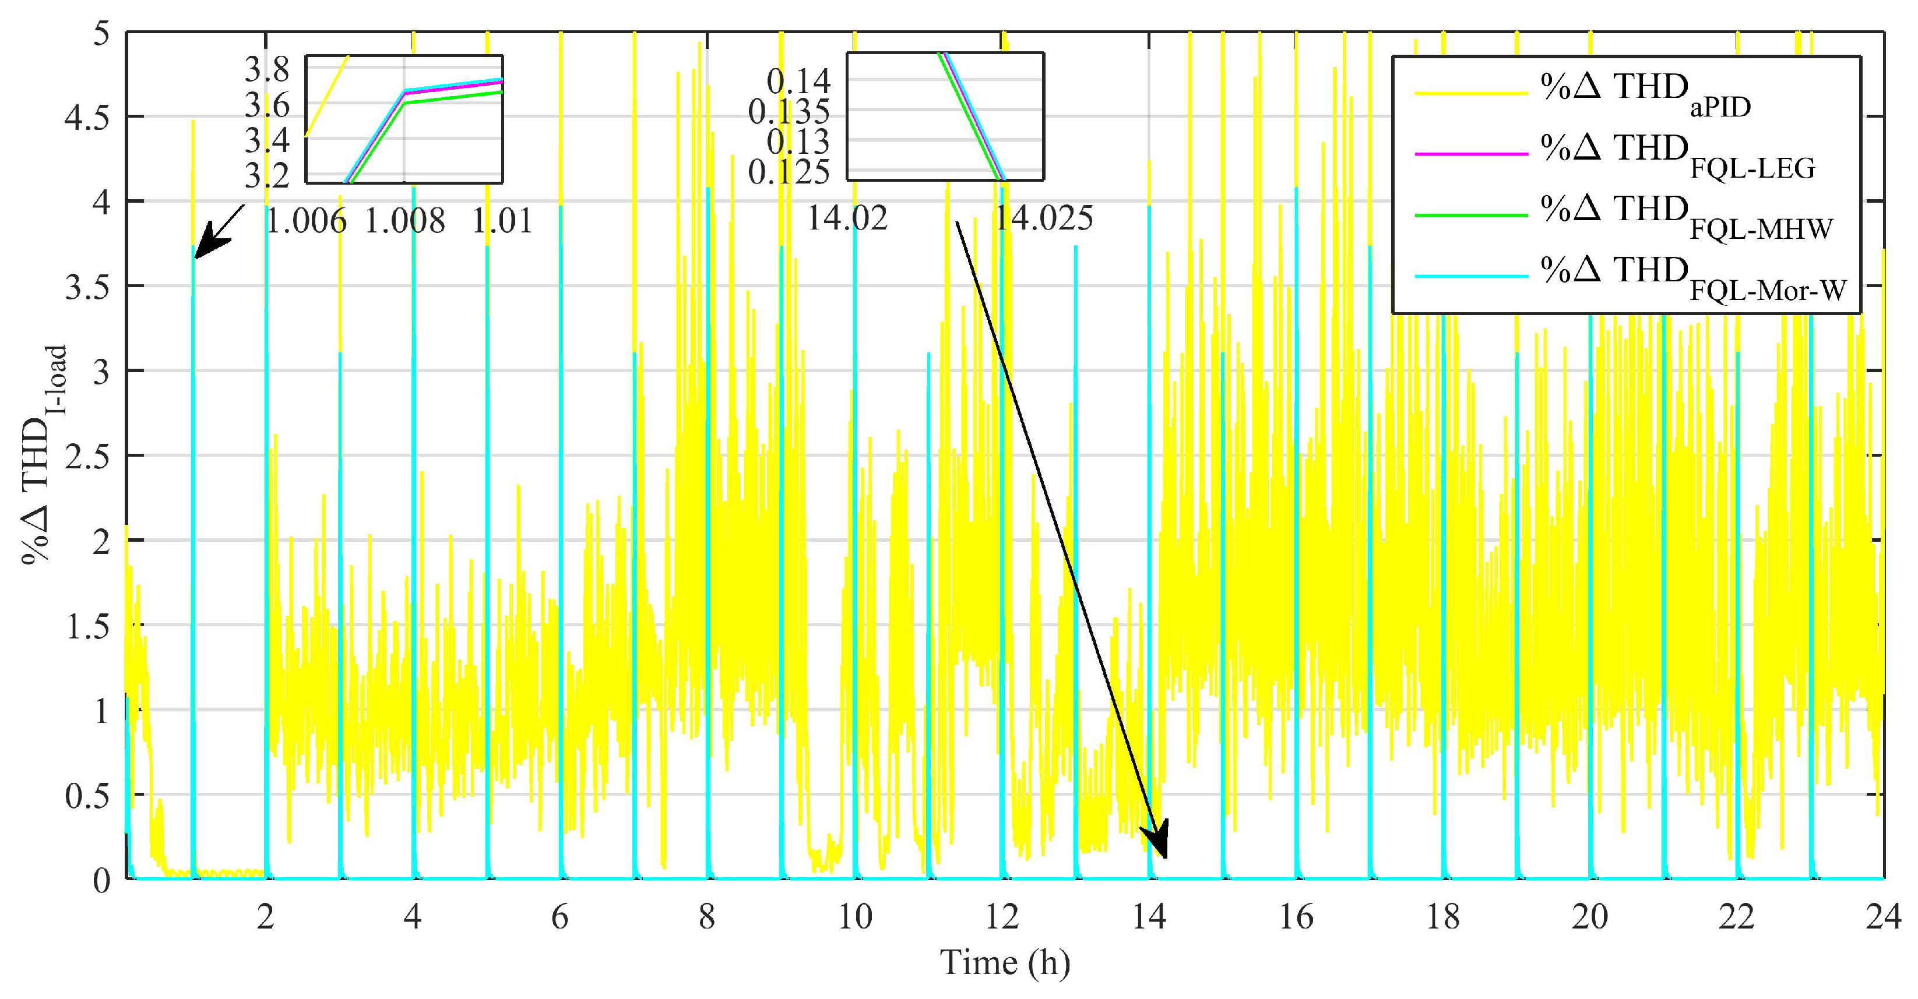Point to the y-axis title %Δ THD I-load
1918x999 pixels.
click(43, 455)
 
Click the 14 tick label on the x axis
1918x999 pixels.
click(1150, 917)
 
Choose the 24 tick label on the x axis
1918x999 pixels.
click(1884, 917)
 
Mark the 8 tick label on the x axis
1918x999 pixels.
click(706, 917)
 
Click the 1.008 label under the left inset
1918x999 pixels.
click(404, 221)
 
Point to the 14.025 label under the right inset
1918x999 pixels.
click(1044, 218)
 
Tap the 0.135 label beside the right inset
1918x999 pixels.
click(789, 112)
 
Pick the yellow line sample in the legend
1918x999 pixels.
click(1470, 93)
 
